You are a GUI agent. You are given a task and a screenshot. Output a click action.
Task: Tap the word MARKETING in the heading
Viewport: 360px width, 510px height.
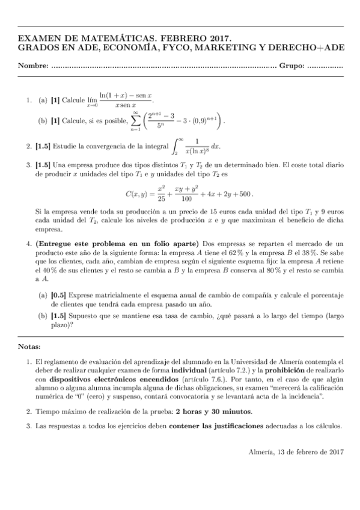(203, 47)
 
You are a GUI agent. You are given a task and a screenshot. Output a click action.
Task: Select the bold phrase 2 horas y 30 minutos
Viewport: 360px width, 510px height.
(213, 411)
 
